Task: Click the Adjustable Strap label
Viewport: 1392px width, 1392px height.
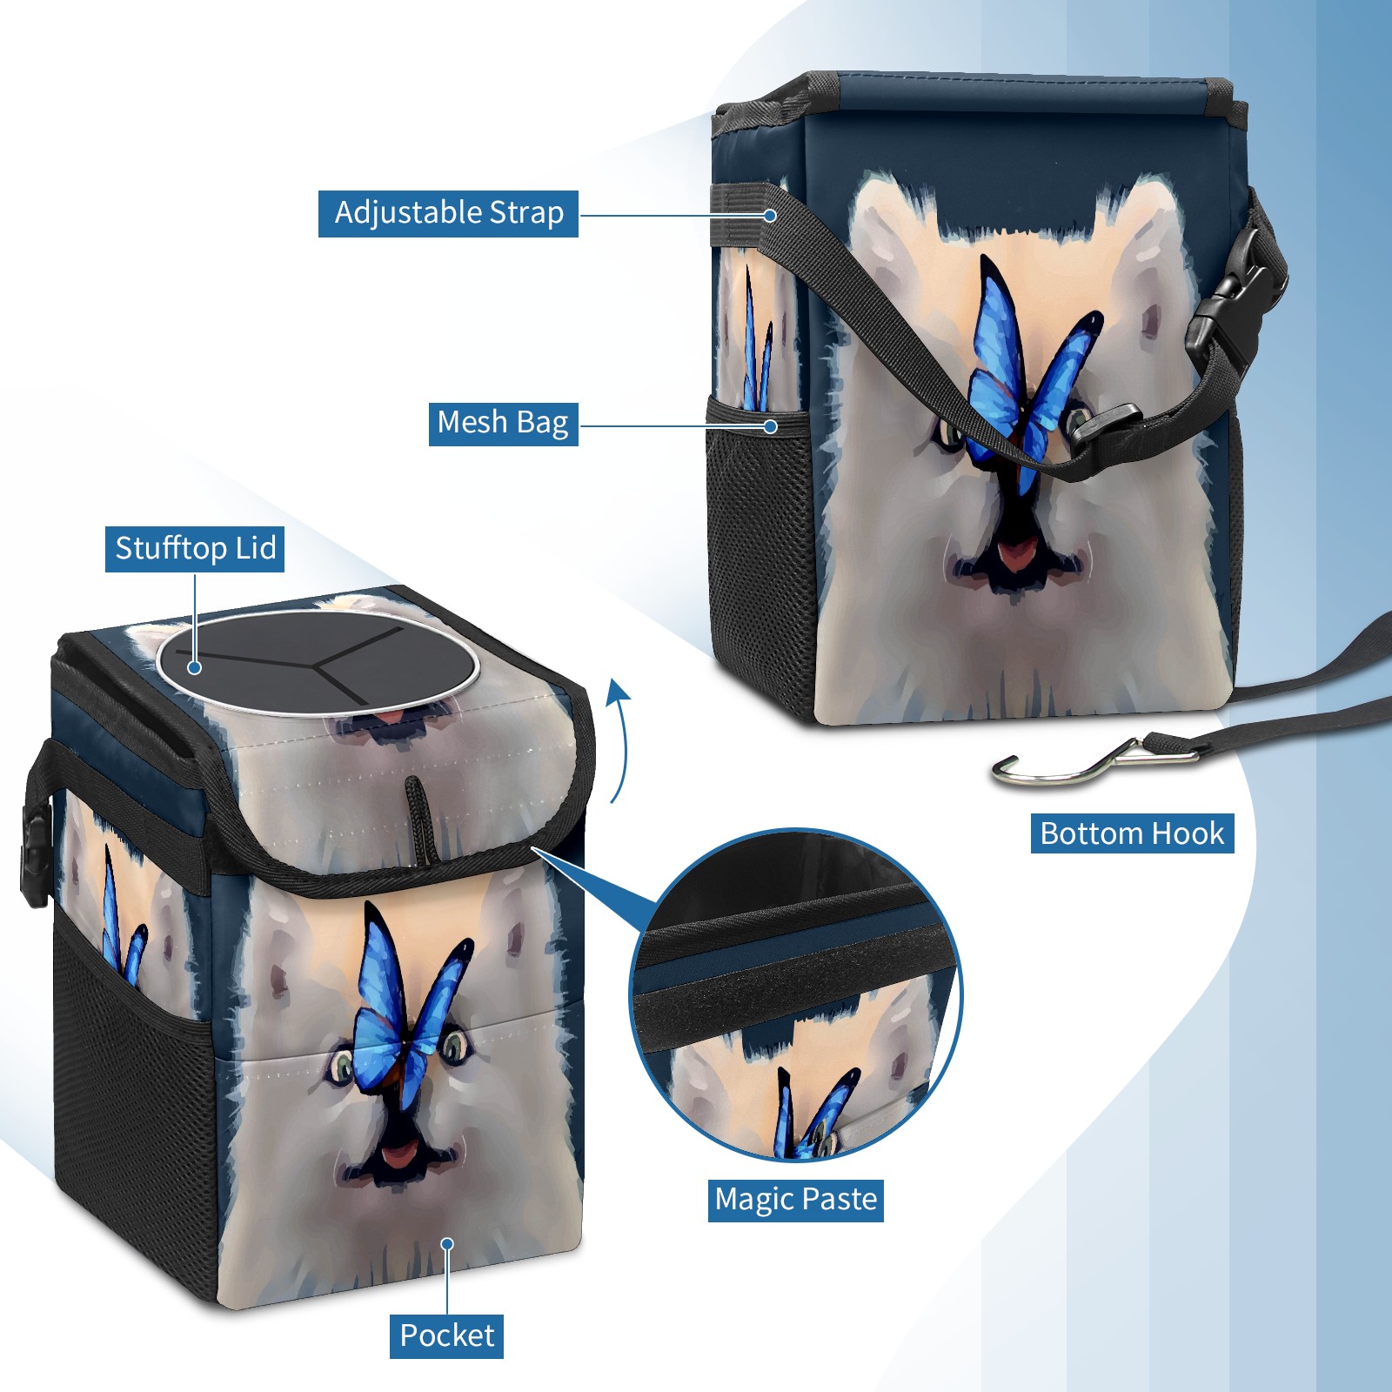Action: (x=448, y=213)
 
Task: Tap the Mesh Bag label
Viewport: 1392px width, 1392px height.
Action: (x=503, y=423)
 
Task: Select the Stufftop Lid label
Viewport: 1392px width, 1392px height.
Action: (x=195, y=549)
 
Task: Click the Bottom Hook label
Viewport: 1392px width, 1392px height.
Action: (x=1132, y=833)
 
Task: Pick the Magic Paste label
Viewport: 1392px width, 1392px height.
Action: (x=796, y=1200)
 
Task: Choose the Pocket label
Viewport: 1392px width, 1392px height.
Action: (x=446, y=1335)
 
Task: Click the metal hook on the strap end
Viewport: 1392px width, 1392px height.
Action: (x=1087, y=761)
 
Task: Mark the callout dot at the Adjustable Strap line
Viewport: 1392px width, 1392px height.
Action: (x=770, y=215)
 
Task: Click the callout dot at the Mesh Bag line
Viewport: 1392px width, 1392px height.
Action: (x=770, y=426)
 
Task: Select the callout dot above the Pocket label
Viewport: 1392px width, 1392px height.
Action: (x=447, y=1245)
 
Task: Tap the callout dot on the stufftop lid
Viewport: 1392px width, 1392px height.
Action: (x=195, y=667)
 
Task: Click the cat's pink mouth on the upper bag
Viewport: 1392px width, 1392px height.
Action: (x=1015, y=554)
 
